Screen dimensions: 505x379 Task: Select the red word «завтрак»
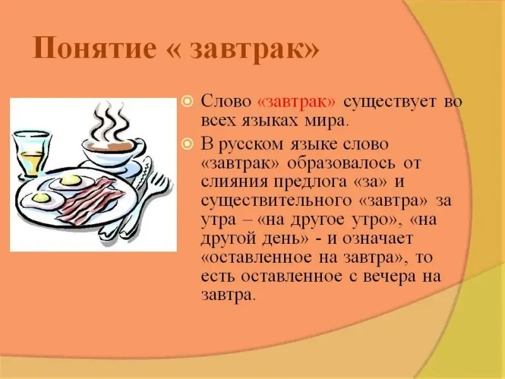297,102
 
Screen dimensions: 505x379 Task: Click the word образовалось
341,163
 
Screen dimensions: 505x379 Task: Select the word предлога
311,183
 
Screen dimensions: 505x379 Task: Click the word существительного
276,202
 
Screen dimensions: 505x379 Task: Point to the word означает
377,239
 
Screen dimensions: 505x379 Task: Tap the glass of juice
31,153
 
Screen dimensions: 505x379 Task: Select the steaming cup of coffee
113,155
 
